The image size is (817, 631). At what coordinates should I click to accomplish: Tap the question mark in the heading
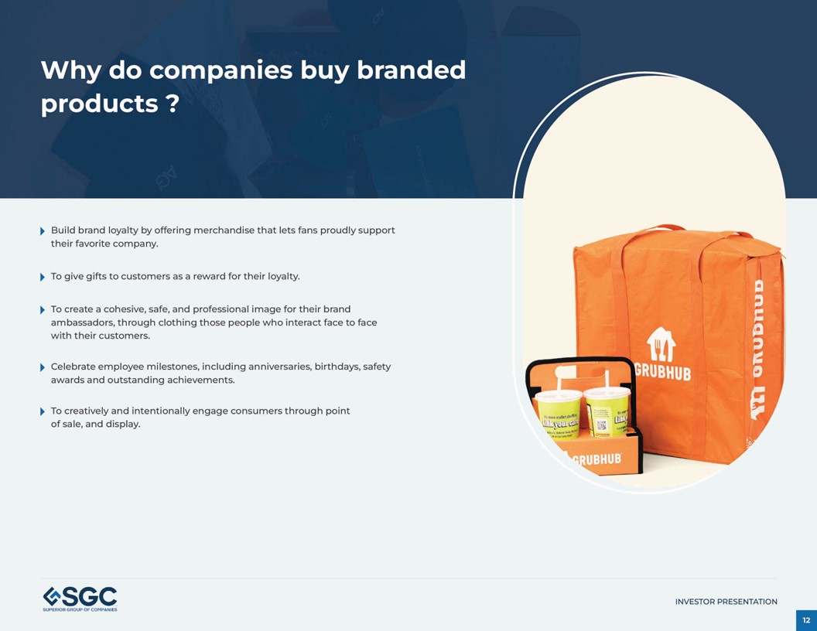173,104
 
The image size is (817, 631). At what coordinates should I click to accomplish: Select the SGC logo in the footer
80,599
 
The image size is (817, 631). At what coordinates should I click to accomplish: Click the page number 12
806,620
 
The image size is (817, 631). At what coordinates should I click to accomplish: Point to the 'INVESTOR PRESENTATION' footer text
726,602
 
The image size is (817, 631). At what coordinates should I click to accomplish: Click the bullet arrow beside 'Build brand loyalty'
43,231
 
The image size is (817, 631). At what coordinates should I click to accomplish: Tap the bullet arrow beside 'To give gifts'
43,277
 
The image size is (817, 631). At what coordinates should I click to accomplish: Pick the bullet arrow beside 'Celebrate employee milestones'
43,367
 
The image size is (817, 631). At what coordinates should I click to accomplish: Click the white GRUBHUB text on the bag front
663,371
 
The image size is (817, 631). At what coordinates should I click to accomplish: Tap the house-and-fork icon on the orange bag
661,344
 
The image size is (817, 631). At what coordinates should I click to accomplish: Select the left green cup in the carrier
558,415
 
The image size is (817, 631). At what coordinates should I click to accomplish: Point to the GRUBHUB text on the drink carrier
597,459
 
